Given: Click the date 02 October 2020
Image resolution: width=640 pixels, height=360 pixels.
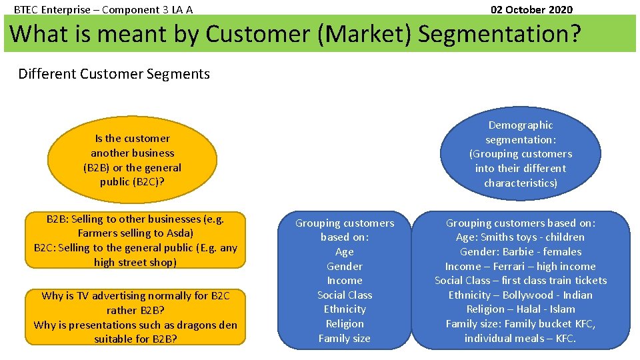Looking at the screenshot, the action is click(x=531, y=9).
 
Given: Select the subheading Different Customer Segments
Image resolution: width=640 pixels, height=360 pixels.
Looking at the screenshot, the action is click(x=114, y=74).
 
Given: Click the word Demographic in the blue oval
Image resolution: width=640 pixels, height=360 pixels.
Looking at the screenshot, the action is click(x=521, y=125).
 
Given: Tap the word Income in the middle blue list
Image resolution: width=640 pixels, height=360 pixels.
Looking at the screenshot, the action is click(x=345, y=281).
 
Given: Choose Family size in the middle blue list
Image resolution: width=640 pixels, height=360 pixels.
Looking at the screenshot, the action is click(x=345, y=338).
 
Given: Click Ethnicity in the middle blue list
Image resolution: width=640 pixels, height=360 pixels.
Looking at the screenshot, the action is click(x=345, y=309).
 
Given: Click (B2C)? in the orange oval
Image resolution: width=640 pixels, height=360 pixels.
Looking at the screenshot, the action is click(x=149, y=181).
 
